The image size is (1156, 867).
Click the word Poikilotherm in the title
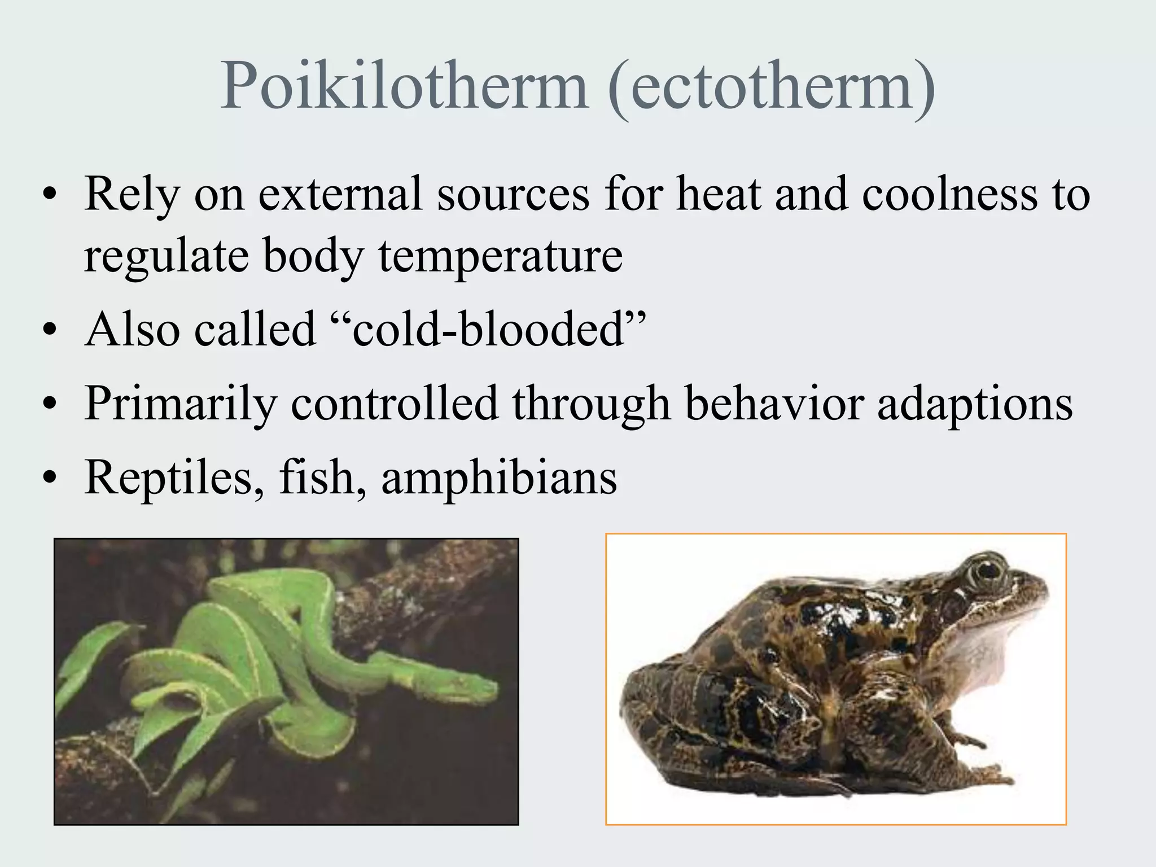point(404,86)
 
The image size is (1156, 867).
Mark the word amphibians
point(499,478)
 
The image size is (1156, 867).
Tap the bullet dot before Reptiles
point(50,479)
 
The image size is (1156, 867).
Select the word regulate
point(167,257)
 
